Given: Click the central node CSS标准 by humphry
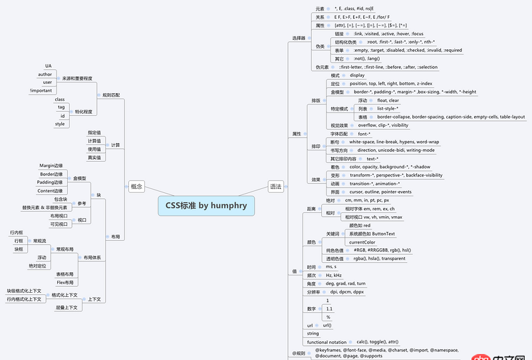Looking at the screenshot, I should pyautogui.click(x=206, y=205).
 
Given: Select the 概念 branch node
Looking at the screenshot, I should pyautogui.click(x=136, y=187).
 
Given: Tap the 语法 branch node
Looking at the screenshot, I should pyautogui.click(x=275, y=187).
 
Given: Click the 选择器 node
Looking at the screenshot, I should pyautogui.click(x=299, y=38).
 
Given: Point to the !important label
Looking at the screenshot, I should pyautogui.click(x=41, y=90).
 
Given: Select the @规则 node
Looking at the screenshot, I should pyautogui.click(x=299, y=353).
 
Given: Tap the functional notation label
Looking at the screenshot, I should pyautogui.click(x=327, y=342).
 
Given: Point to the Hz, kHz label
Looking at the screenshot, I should pyautogui.click(x=334, y=275).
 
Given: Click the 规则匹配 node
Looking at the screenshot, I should pyautogui.click(x=112, y=95).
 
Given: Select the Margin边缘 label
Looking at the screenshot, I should pyautogui.click(x=51, y=165).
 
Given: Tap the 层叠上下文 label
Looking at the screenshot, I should pyautogui.click(x=67, y=308).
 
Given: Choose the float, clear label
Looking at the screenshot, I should pyautogui.click(x=388, y=100).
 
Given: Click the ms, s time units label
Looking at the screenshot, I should pyautogui.click(x=331, y=266).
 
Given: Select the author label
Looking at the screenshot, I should pyautogui.click(x=45, y=75).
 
